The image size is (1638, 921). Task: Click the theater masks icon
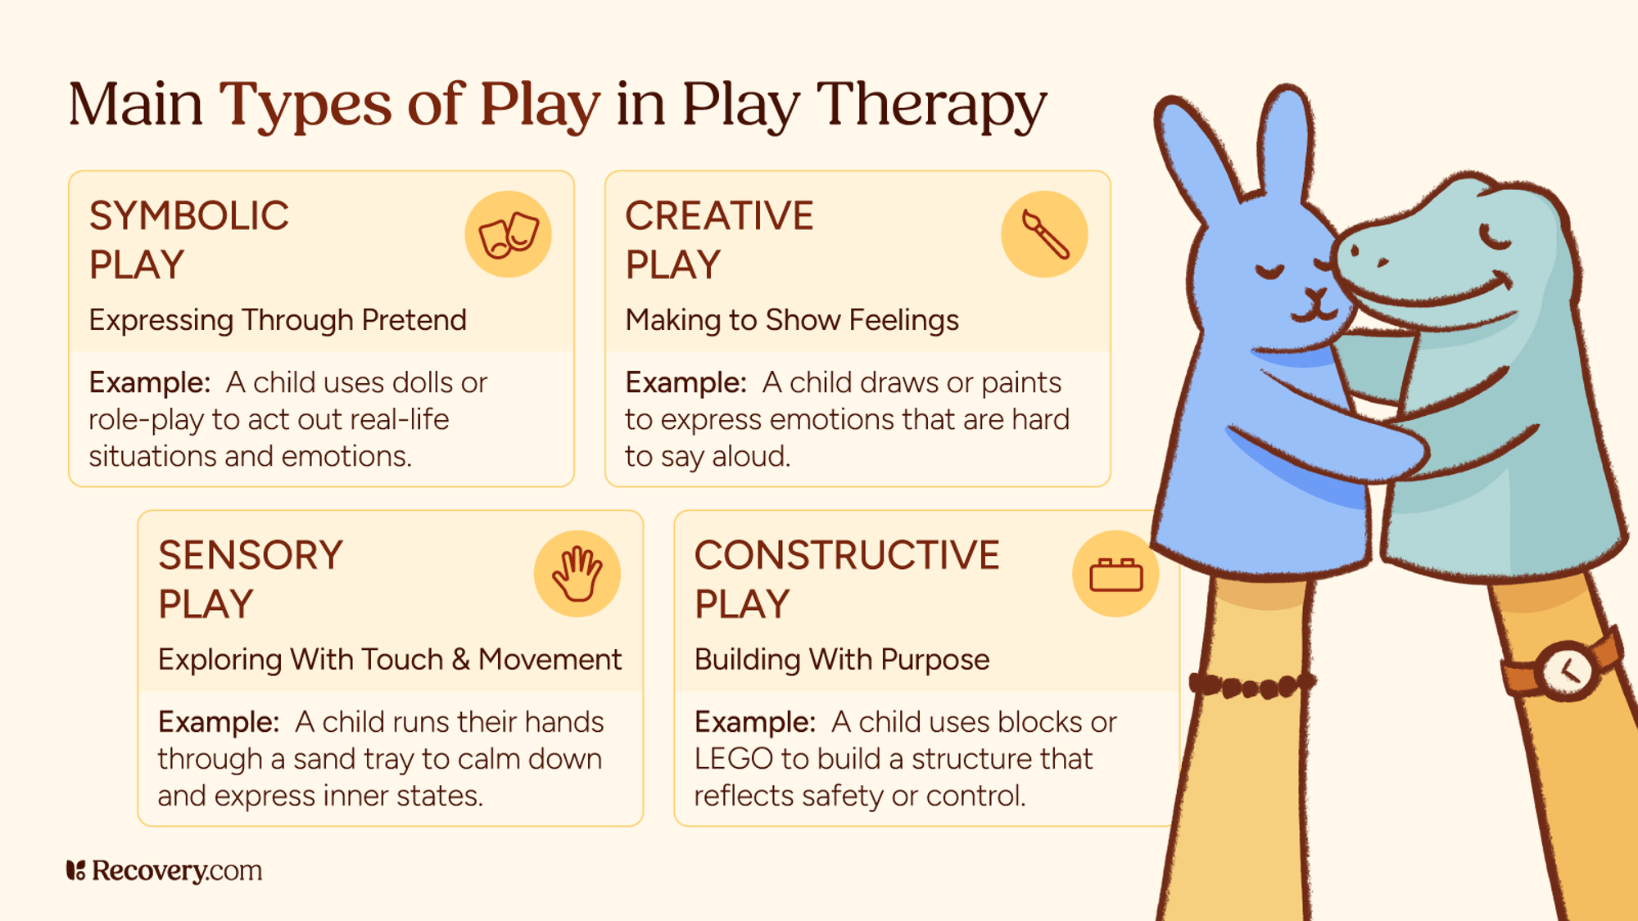point(508,235)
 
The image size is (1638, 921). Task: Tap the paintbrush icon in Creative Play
point(1044,235)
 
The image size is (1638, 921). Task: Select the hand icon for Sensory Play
point(577,574)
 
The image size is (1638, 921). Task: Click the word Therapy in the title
point(931,105)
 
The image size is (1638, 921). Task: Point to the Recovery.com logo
point(165,870)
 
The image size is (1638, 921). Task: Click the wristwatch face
point(1567,670)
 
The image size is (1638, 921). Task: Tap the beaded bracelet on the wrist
point(1251,686)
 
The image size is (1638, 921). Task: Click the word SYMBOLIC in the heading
point(189,216)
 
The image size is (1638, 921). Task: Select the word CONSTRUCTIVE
point(847,556)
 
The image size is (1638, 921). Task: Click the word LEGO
point(733,759)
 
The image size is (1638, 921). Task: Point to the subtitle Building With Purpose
point(842,660)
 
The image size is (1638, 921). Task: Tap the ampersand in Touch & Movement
point(460,660)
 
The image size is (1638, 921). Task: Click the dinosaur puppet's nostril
point(1382,263)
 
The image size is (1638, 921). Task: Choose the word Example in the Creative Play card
point(685,383)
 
